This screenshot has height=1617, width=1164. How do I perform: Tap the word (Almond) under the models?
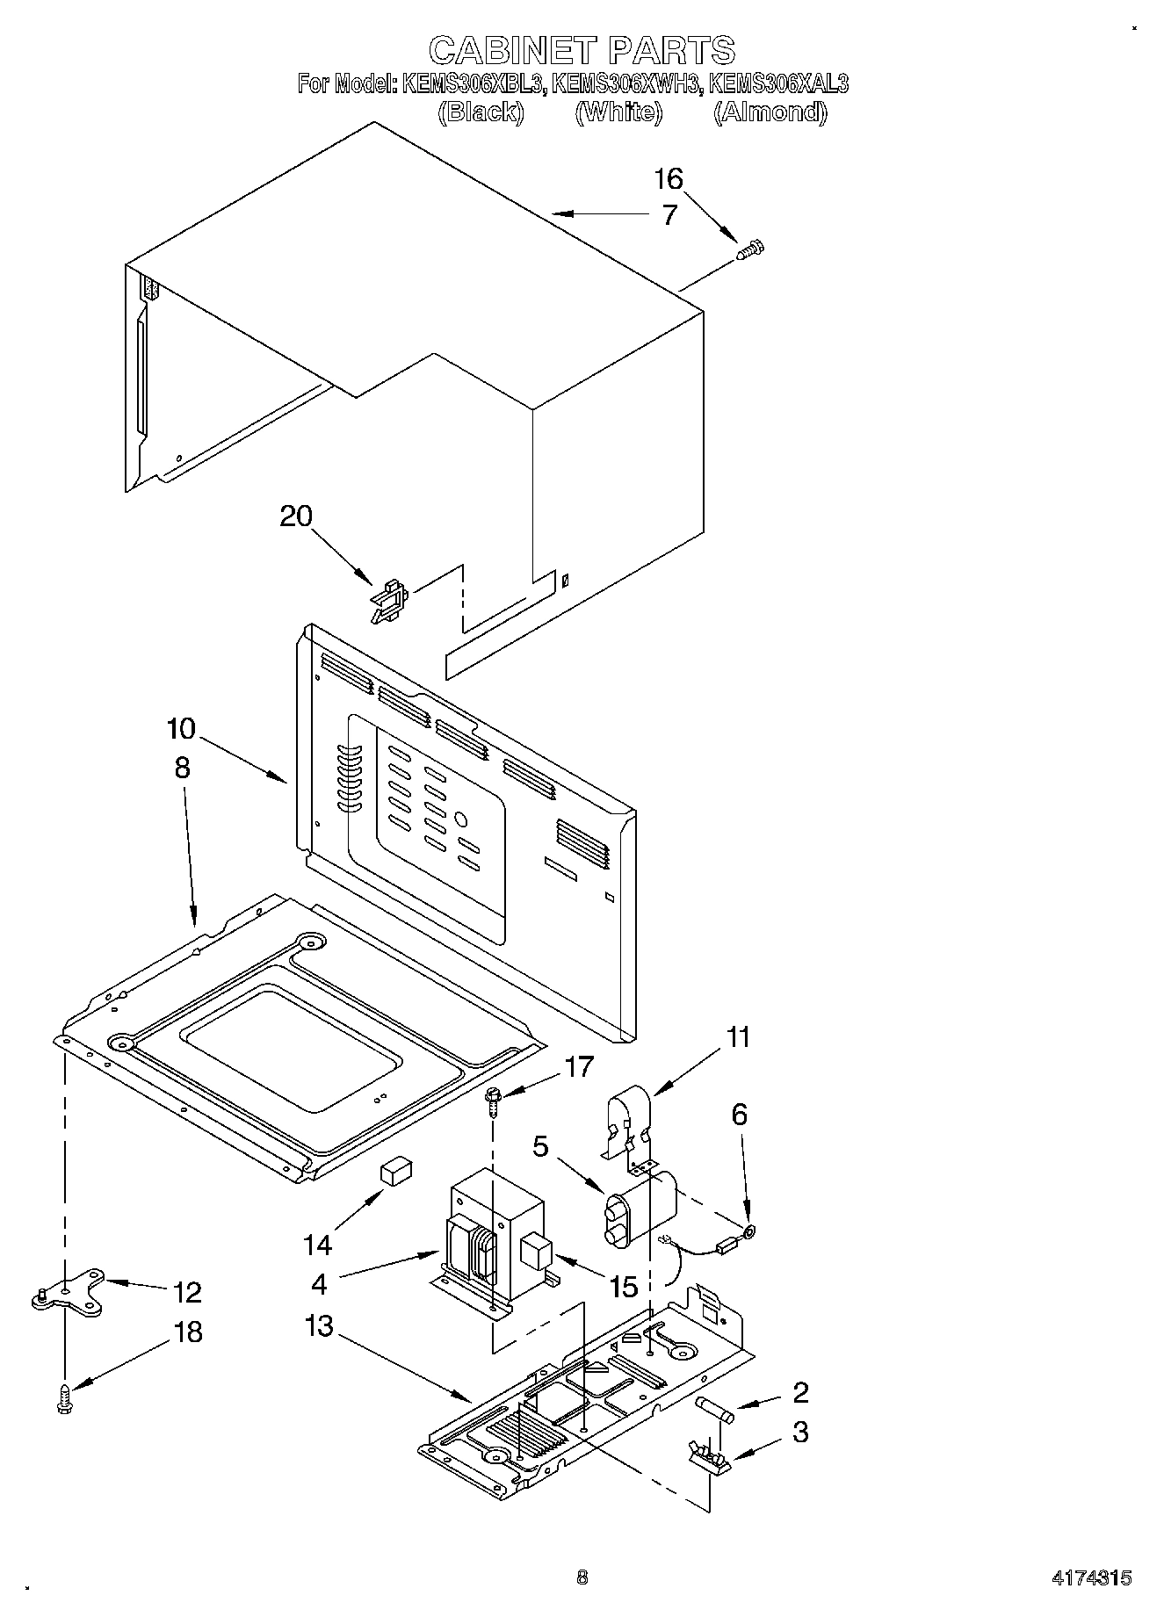tap(770, 112)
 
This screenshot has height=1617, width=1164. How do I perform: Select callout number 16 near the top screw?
tap(668, 179)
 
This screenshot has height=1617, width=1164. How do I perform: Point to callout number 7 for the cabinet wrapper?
tap(669, 215)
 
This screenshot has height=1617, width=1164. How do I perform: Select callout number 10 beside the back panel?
tap(181, 729)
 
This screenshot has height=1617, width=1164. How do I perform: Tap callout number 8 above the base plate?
tap(181, 768)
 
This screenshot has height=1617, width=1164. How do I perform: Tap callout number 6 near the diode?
tap(739, 1115)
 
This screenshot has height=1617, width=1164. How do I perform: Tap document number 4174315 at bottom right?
tap(1091, 1577)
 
